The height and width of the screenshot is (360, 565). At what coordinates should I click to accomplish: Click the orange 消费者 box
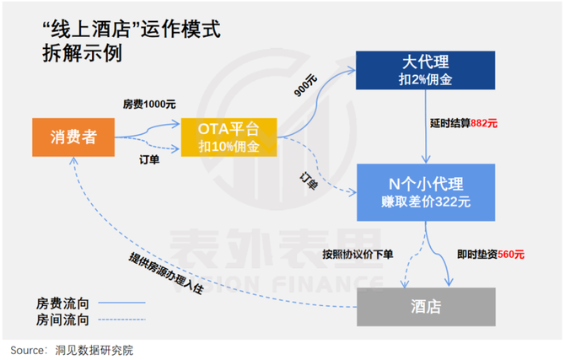tap(73, 137)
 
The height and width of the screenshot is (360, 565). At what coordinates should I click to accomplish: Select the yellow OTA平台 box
tap(229, 137)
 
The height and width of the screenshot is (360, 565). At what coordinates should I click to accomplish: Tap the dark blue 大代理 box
tap(425, 70)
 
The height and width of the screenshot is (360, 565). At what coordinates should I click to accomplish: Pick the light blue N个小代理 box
tap(426, 192)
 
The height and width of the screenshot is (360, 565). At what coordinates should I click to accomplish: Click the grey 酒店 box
tap(426, 307)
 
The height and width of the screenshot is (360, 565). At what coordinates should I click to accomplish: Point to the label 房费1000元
tap(149, 105)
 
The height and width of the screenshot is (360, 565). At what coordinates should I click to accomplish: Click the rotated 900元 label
tap(305, 86)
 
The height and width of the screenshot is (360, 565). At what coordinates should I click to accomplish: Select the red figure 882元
tap(484, 124)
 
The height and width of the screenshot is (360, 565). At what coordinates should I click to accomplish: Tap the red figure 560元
tap(511, 255)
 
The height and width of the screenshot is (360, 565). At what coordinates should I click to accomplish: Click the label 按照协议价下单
tap(358, 255)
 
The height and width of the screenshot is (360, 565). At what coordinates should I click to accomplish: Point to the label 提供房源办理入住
tap(166, 273)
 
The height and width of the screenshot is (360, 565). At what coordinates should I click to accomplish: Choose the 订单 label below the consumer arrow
tap(149, 159)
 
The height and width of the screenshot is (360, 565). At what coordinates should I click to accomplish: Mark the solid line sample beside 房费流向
tap(121, 303)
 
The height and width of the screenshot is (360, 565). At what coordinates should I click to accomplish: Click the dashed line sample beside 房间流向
tap(121, 320)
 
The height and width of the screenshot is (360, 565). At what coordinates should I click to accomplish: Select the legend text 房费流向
tap(62, 304)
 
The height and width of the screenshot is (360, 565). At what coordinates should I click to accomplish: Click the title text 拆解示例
tap(83, 53)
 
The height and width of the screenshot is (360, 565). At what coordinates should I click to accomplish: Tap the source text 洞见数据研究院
tap(94, 350)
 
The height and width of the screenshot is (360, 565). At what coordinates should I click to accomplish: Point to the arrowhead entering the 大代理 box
tap(352, 71)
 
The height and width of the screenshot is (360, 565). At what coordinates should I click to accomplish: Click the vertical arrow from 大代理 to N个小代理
tap(426, 126)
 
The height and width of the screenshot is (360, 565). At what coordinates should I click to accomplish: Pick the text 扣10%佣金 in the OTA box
tap(229, 147)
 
